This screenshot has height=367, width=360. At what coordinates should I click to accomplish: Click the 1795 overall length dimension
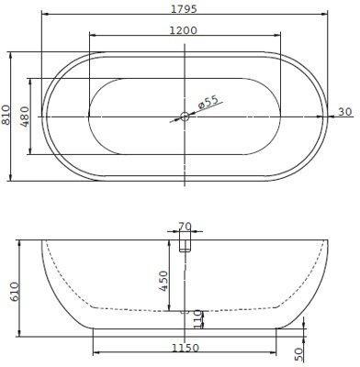pyautogui.click(x=184, y=9)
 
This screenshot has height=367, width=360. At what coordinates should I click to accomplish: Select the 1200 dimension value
pyautogui.click(x=184, y=30)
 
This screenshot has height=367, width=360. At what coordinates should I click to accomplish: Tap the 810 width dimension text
pyautogui.click(x=6, y=115)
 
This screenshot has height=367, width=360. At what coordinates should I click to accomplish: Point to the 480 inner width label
pyautogui.click(x=26, y=117)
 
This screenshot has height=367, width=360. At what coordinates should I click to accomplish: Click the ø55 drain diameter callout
pyautogui.click(x=208, y=102)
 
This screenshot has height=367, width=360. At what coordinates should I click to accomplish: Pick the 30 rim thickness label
pyautogui.click(x=344, y=112)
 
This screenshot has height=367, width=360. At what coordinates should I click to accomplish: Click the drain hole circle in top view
pyautogui.click(x=185, y=117)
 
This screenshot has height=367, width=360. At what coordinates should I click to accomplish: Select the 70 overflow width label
pyautogui.click(x=185, y=227)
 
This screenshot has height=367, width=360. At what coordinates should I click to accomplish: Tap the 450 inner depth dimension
pyautogui.click(x=163, y=281)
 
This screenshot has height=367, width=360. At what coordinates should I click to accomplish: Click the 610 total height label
pyautogui.click(x=15, y=293)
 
